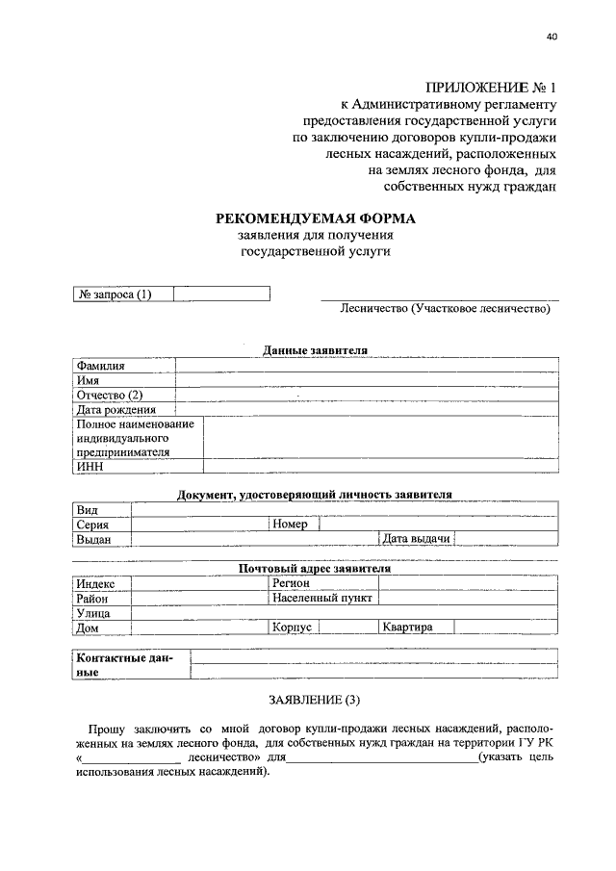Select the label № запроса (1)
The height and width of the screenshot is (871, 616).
(114, 295)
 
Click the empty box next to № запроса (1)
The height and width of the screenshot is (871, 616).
(221, 295)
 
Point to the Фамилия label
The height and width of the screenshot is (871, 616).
(101, 366)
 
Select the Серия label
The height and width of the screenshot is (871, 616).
(93, 525)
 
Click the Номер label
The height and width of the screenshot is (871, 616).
(290, 525)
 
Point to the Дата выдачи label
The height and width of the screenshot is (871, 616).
(417, 539)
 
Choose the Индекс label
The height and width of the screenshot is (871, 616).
(95, 583)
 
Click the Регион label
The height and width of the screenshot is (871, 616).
(291, 583)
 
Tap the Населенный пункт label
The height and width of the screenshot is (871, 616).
(323, 598)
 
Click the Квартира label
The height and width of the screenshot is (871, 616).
(407, 627)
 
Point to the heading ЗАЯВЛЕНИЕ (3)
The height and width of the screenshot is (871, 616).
(315, 700)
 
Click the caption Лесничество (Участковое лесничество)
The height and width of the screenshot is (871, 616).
(445, 309)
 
